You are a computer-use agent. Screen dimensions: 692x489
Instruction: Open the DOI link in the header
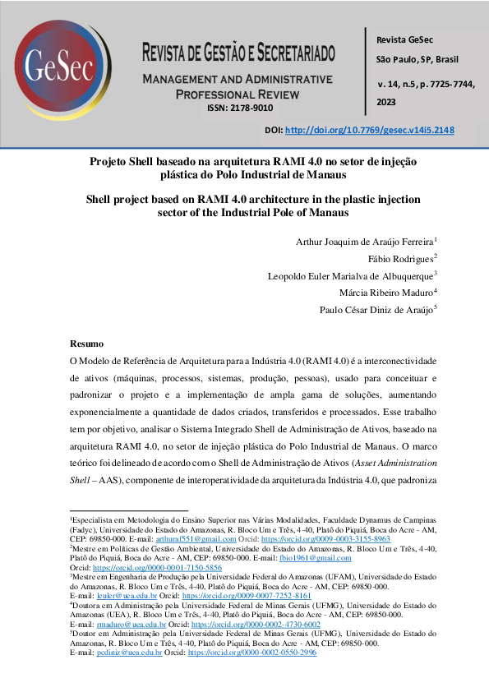click(x=368, y=130)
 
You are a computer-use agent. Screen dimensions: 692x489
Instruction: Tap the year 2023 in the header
click(x=386, y=102)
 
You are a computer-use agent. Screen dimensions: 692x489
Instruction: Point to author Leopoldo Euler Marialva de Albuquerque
click(x=351, y=275)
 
